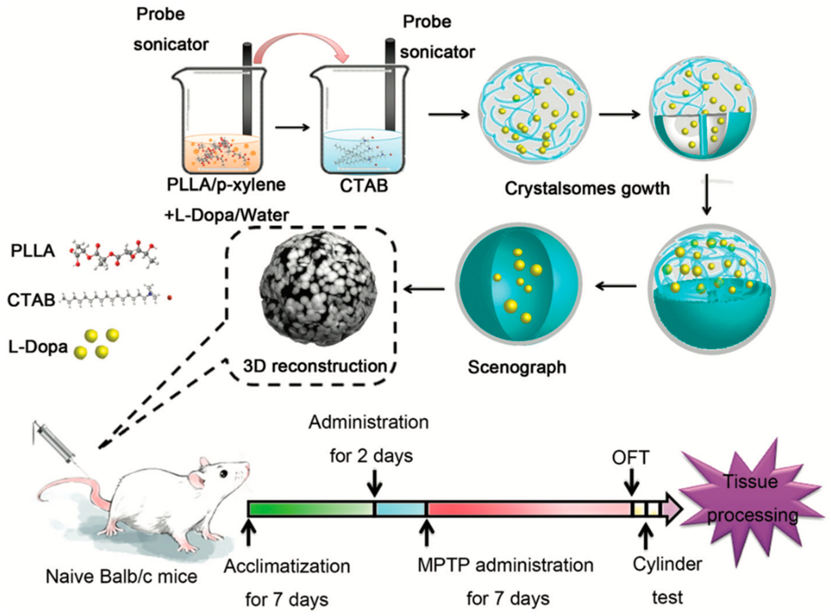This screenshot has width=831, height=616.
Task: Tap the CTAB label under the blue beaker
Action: [364, 186]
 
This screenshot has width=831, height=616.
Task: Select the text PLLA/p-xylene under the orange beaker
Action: [226, 184]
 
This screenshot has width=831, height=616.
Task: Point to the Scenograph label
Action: [517, 367]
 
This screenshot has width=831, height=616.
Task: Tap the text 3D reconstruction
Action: [315, 366]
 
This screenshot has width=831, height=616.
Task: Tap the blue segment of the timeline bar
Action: [400, 509]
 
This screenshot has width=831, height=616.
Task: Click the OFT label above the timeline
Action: [630, 458]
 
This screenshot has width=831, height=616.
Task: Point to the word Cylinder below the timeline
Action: [667, 564]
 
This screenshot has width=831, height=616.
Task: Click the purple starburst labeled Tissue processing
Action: [751, 500]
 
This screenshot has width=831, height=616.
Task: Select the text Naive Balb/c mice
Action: [122, 577]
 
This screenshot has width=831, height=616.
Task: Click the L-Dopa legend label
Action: [38, 347]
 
